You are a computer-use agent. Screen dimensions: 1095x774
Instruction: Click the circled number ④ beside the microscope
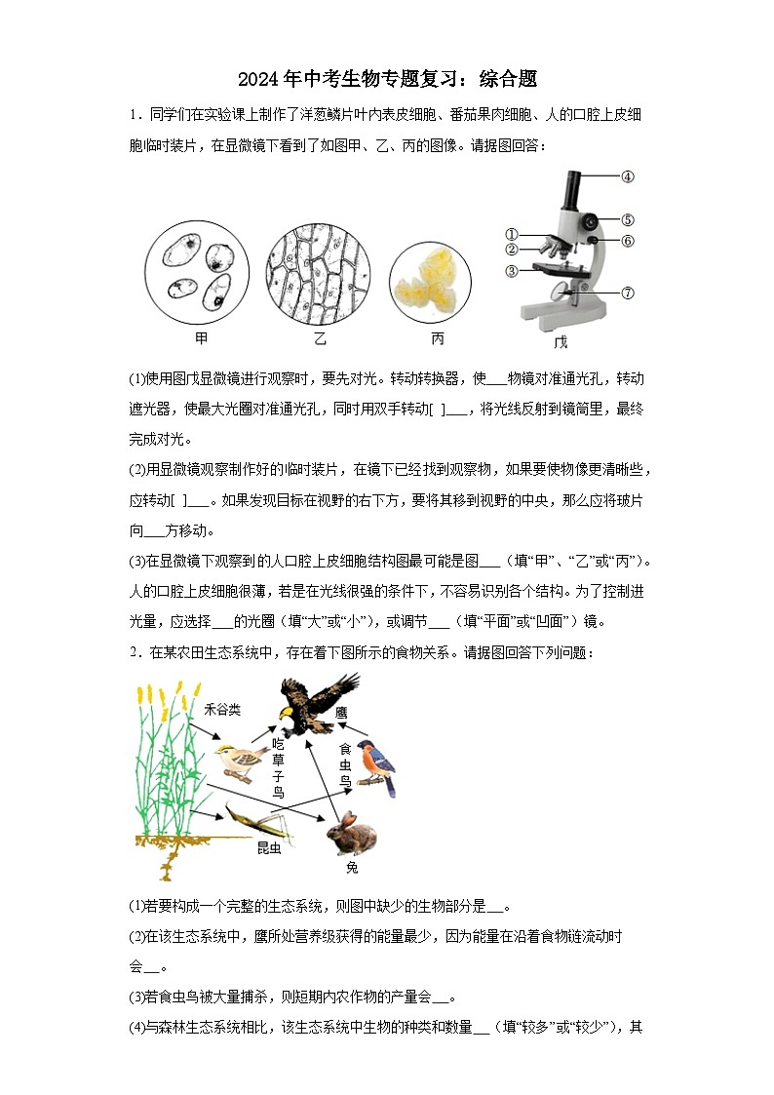pos(628,176)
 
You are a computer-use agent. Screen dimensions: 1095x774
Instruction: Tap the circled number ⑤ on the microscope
pos(628,220)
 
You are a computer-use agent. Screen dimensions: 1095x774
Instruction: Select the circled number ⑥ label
pos(628,240)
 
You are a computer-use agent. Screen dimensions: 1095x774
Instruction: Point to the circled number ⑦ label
pos(628,292)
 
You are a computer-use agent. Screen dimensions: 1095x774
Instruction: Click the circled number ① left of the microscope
pos(510,234)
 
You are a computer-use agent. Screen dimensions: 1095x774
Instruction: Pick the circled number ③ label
pos(510,271)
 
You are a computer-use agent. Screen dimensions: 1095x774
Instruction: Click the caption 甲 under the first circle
pos(202,338)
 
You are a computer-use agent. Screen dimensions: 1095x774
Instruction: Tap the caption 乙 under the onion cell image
pos(321,338)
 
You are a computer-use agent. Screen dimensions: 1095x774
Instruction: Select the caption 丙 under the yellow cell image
pos(438,338)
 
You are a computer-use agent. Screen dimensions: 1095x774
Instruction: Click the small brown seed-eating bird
pos(241,757)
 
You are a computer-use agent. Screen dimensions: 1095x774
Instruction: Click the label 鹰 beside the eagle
pos(341,713)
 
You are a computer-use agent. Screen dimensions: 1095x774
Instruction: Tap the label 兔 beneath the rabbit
pos(352,866)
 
